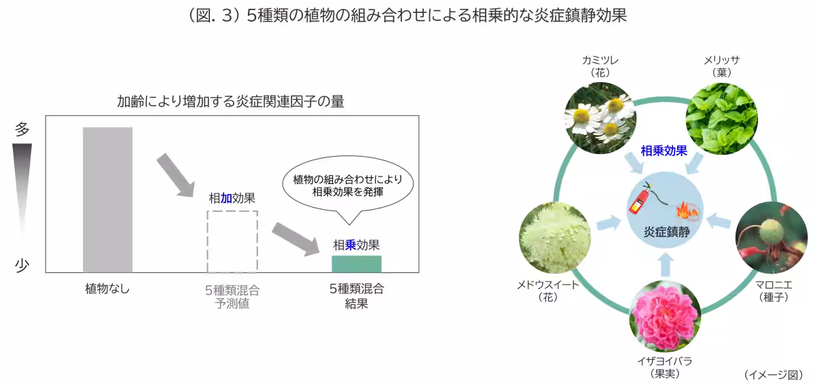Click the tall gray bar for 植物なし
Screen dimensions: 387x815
pos(107,200)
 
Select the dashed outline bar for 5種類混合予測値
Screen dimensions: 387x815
pos(232,241)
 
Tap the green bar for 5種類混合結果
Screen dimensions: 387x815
pos(356,264)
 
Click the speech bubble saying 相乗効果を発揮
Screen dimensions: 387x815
pos(348,185)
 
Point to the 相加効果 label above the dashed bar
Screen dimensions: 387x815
pos(232,198)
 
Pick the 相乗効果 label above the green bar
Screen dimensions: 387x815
pos(356,245)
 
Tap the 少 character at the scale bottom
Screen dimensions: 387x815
pos(22,265)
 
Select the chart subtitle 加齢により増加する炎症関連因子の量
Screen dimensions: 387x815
pos(230,103)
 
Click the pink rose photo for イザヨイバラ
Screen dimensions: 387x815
pos(665,316)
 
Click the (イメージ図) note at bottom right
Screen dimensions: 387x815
pos(773,374)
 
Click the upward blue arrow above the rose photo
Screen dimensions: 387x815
pos(666,265)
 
